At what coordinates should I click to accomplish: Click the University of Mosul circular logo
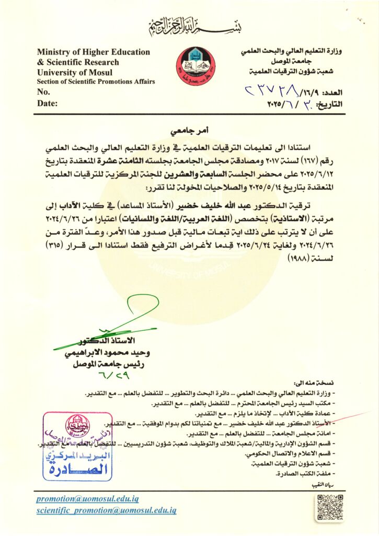click(x=194, y=66)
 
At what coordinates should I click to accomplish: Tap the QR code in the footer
click(x=329, y=507)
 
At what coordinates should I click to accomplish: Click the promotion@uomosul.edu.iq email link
click(x=88, y=499)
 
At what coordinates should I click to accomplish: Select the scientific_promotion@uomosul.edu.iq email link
click(x=106, y=510)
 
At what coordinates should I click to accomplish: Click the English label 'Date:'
click(x=47, y=104)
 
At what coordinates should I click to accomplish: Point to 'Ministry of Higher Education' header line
click(x=94, y=52)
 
